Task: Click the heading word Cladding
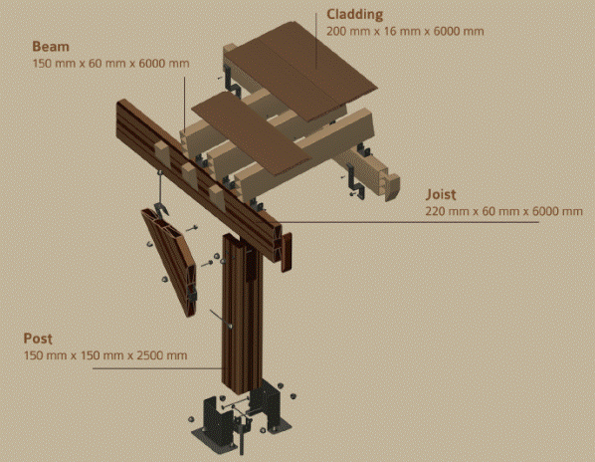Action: [x=355, y=14]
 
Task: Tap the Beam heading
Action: [x=51, y=47]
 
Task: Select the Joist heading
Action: [x=441, y=194]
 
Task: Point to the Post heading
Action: [x=38, y=339]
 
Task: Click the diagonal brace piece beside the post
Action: [x=169, y=262]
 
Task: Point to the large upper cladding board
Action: [x=299, y=71]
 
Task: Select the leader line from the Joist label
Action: [x=408, y=222]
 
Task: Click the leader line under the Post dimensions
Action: [x=157, y=368]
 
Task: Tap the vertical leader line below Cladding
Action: [x=316, y=41]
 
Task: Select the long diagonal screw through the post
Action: [x=221, y=319]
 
